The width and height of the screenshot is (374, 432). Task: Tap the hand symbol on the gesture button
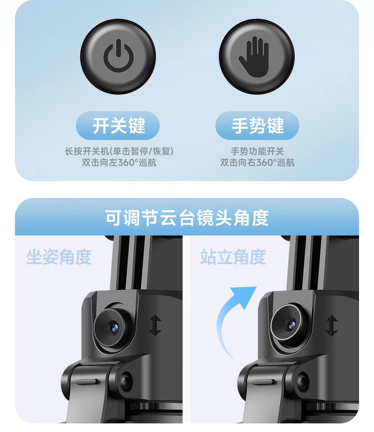click(254, 57)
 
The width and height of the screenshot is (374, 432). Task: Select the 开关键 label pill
click(118, 126)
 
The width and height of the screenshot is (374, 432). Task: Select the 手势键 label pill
click(257, 126)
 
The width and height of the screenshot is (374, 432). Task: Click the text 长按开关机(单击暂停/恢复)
click(119, 151)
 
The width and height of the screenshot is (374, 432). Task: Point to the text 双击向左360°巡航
click(119, 162)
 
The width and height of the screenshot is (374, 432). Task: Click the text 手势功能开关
click(257, 151)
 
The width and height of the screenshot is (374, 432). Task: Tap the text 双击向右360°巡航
click(257, 162)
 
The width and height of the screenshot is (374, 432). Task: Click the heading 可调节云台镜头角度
click(187, 218)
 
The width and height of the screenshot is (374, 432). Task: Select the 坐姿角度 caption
click(59, 257)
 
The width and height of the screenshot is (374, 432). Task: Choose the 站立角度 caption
click(233, 257)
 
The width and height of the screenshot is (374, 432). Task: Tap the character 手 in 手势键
click(240, 126)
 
